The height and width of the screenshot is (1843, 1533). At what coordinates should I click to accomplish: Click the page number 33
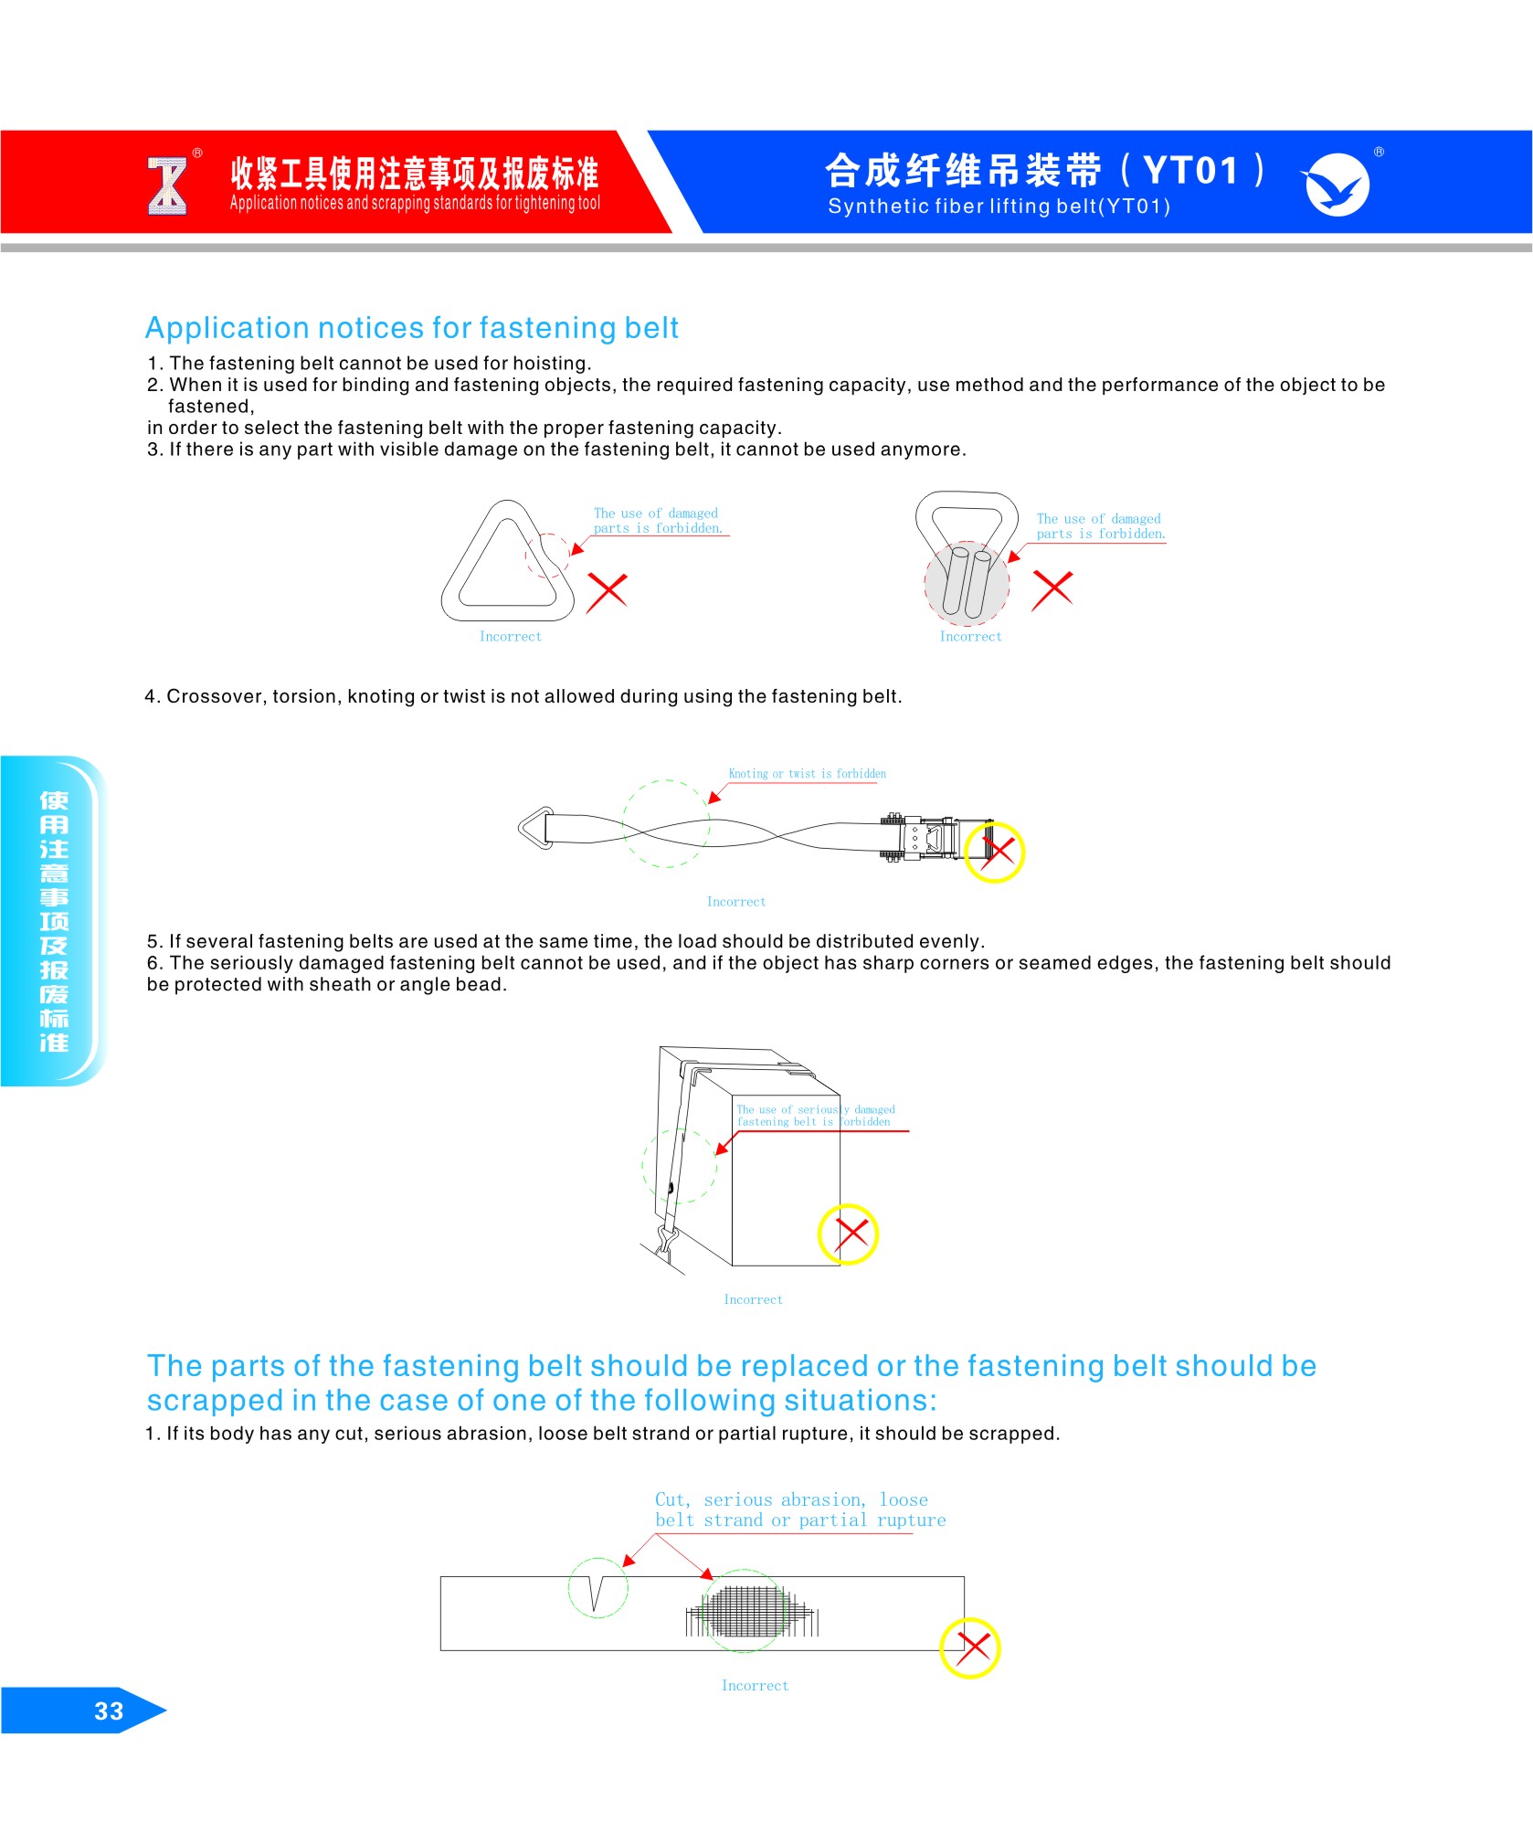[x=108, y=1711]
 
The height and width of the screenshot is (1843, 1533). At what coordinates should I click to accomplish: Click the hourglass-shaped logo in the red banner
[x=167, y=185]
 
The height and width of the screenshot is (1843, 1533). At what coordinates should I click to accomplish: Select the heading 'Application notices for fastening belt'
[x=412, y=327]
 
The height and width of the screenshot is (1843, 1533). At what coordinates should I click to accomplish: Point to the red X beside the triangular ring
[x=607, y=590]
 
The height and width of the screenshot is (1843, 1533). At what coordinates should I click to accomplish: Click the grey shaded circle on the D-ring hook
[x=967, y=583]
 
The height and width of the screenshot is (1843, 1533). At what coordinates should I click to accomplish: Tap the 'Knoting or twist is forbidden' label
[x=807, y=774]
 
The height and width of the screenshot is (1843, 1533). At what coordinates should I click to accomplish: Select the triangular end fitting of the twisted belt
[x=536, y=828]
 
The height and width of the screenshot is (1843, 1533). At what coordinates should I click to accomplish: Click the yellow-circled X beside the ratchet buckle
[x=995, y=852]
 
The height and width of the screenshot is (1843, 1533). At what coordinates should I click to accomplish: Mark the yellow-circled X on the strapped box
[x=849, y=1234]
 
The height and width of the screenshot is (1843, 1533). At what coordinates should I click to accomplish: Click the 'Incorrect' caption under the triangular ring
[x=511, y=637]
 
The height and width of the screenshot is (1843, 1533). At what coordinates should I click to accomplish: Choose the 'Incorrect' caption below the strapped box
[x=753, y=1299]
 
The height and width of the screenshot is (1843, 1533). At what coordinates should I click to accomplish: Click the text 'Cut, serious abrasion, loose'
[x=791, y=1499]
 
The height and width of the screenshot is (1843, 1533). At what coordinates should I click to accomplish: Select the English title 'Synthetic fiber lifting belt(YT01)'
[x=999, y=207]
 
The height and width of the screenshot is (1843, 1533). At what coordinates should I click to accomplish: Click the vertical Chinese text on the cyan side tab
[x=54, y=921]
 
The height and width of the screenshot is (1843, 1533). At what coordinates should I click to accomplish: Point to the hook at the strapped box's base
[x=665, y=1245]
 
